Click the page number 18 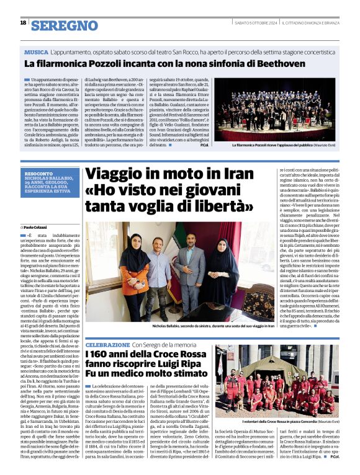pyautogui.click(x=23, y=23)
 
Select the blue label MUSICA pyautogui.click(x=37, y=51)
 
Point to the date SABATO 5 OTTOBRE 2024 pyautogui.click(x=254, y=24)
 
